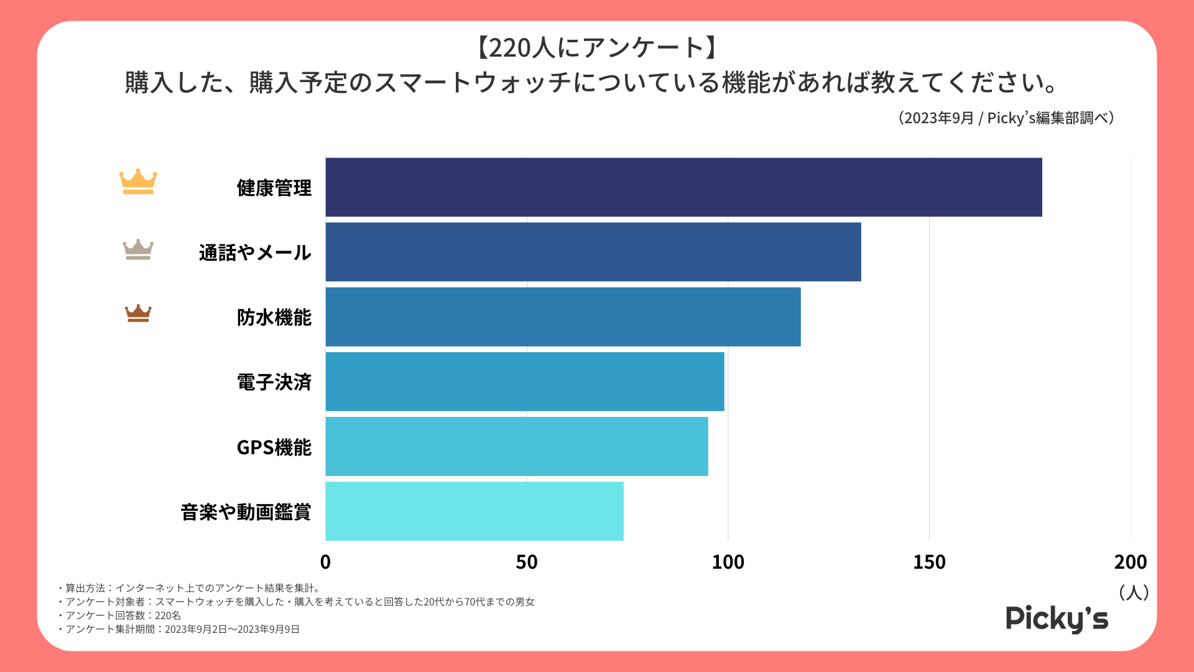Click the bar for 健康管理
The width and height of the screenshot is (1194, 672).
click(683, 187)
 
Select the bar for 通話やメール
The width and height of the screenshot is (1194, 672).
click(593, 252)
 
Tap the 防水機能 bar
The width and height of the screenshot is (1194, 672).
click(563, 317)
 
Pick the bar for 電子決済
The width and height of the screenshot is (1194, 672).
click(525, 381)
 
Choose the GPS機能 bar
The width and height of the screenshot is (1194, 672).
click(517, 447)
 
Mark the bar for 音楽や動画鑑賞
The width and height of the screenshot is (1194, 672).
click(474, 511)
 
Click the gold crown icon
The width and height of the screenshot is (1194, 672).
click(138, 182)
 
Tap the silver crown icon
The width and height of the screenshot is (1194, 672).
click(138, 250)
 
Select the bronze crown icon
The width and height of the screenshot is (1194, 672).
click(138, 314)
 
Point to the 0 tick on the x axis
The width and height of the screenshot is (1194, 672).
click(325, 562)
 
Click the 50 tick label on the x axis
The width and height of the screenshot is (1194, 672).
click(527, 562)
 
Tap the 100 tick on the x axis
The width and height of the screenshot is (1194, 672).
click(728, 562)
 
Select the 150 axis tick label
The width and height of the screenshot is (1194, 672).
click(929, 562)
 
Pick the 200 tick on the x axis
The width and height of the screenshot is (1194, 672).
click(1130, 562)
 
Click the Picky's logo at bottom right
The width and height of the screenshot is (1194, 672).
click(1057, 618)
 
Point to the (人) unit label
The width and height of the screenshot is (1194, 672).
click(1133, 592)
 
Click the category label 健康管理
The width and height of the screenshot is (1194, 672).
click(274, 188)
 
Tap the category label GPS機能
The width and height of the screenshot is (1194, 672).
click(274, 447)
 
